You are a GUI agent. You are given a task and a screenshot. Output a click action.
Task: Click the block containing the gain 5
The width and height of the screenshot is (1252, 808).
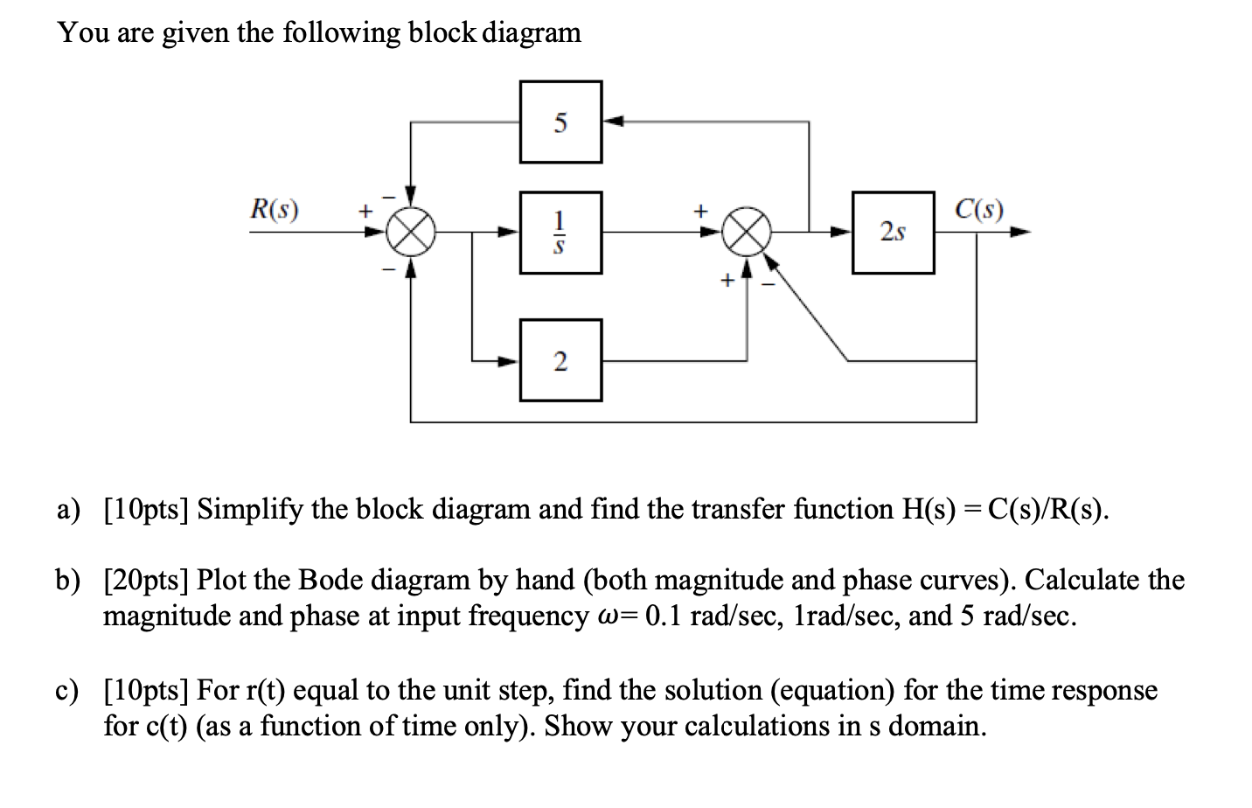click(560, 122)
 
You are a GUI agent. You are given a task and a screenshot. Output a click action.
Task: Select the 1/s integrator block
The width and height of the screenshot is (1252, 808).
click(560, 233)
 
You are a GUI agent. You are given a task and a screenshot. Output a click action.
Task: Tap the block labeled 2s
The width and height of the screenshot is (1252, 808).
click(893, 233)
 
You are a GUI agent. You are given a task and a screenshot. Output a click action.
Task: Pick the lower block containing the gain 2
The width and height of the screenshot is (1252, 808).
click(560, 360)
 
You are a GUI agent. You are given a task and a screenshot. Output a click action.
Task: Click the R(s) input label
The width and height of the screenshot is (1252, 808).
click(274, 210)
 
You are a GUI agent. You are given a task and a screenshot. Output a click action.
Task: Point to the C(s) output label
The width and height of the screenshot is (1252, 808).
click(979, 210)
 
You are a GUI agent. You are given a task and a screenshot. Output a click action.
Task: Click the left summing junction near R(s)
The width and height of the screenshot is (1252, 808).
click(412, 233)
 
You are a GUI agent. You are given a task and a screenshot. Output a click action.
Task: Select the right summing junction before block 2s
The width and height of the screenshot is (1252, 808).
click(748, 233)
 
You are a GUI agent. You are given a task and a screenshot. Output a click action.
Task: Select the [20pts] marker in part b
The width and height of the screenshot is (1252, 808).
click(147, 580)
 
